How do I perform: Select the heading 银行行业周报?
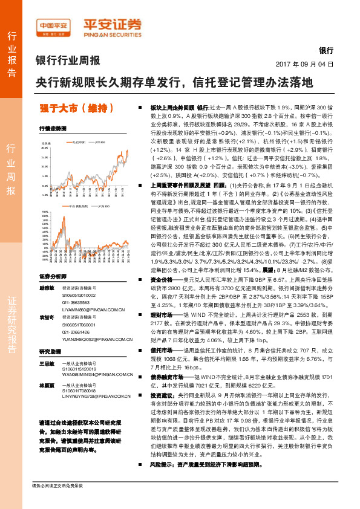pyautogui.click(x=68, y=60)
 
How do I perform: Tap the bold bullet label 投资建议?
pyautogui.click(x=162, y=393)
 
